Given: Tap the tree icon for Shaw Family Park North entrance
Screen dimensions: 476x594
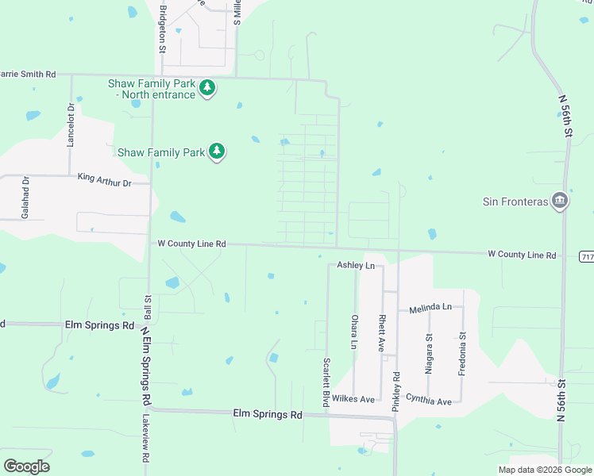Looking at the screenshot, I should tap(207, 87).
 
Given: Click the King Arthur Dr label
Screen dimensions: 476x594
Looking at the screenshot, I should tap(114, 182).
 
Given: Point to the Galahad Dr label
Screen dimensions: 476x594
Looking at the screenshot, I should tap(25, 198).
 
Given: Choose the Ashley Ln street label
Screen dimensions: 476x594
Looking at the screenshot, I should tap(355, 265).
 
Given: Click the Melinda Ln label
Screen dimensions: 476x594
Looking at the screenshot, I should tap(430, 306).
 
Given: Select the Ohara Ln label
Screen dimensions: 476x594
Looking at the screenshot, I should tap(354, 332).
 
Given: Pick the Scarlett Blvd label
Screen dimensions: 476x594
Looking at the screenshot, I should tap(326, 382).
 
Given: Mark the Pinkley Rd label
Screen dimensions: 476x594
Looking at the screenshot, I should tap(396, 390).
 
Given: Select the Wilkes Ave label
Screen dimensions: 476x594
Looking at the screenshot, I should tap(353, 398).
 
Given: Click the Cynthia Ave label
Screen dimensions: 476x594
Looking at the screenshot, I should tap(428, 401).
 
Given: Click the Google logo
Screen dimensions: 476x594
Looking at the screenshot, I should tap(26, 466).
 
